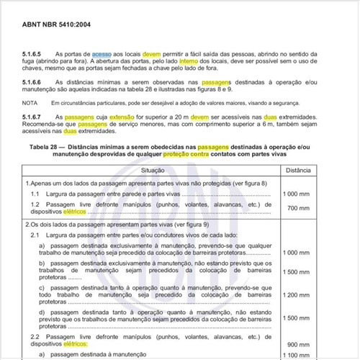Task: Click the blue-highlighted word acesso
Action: pos(102,54)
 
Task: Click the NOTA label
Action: pos(30,103)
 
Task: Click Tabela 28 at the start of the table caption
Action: pos(48,145)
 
